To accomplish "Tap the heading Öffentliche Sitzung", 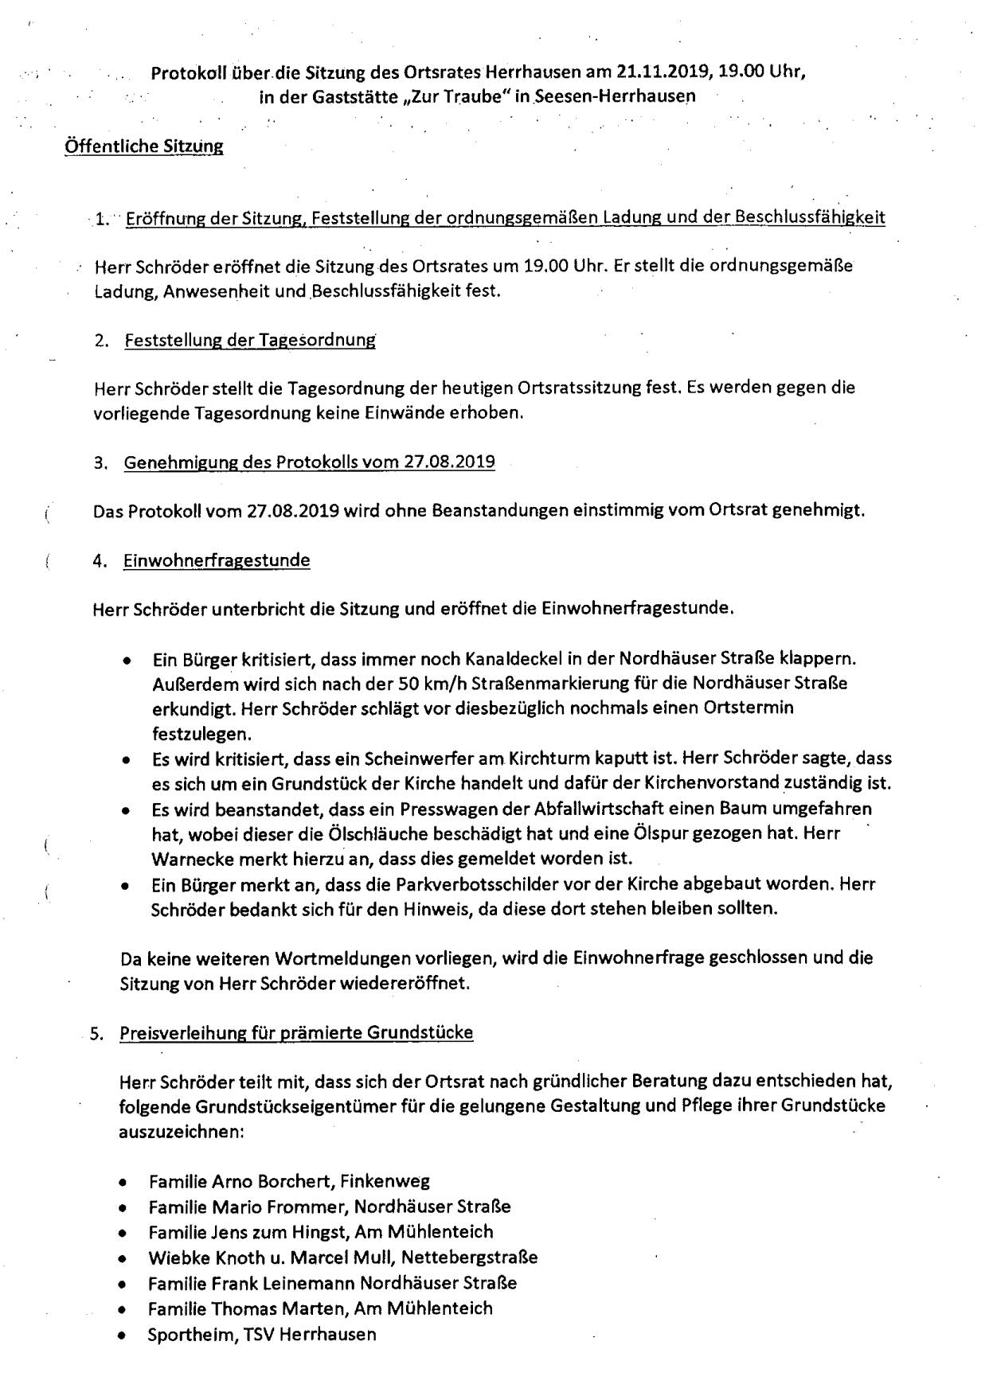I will point(143,146).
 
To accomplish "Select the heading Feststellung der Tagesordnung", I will point(249,341).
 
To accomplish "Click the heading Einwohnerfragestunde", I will point(217,560).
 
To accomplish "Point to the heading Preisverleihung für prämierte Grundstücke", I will point(296,1033).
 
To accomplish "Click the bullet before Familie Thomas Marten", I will point(122,1309).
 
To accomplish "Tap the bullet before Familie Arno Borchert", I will point(122,1183).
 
